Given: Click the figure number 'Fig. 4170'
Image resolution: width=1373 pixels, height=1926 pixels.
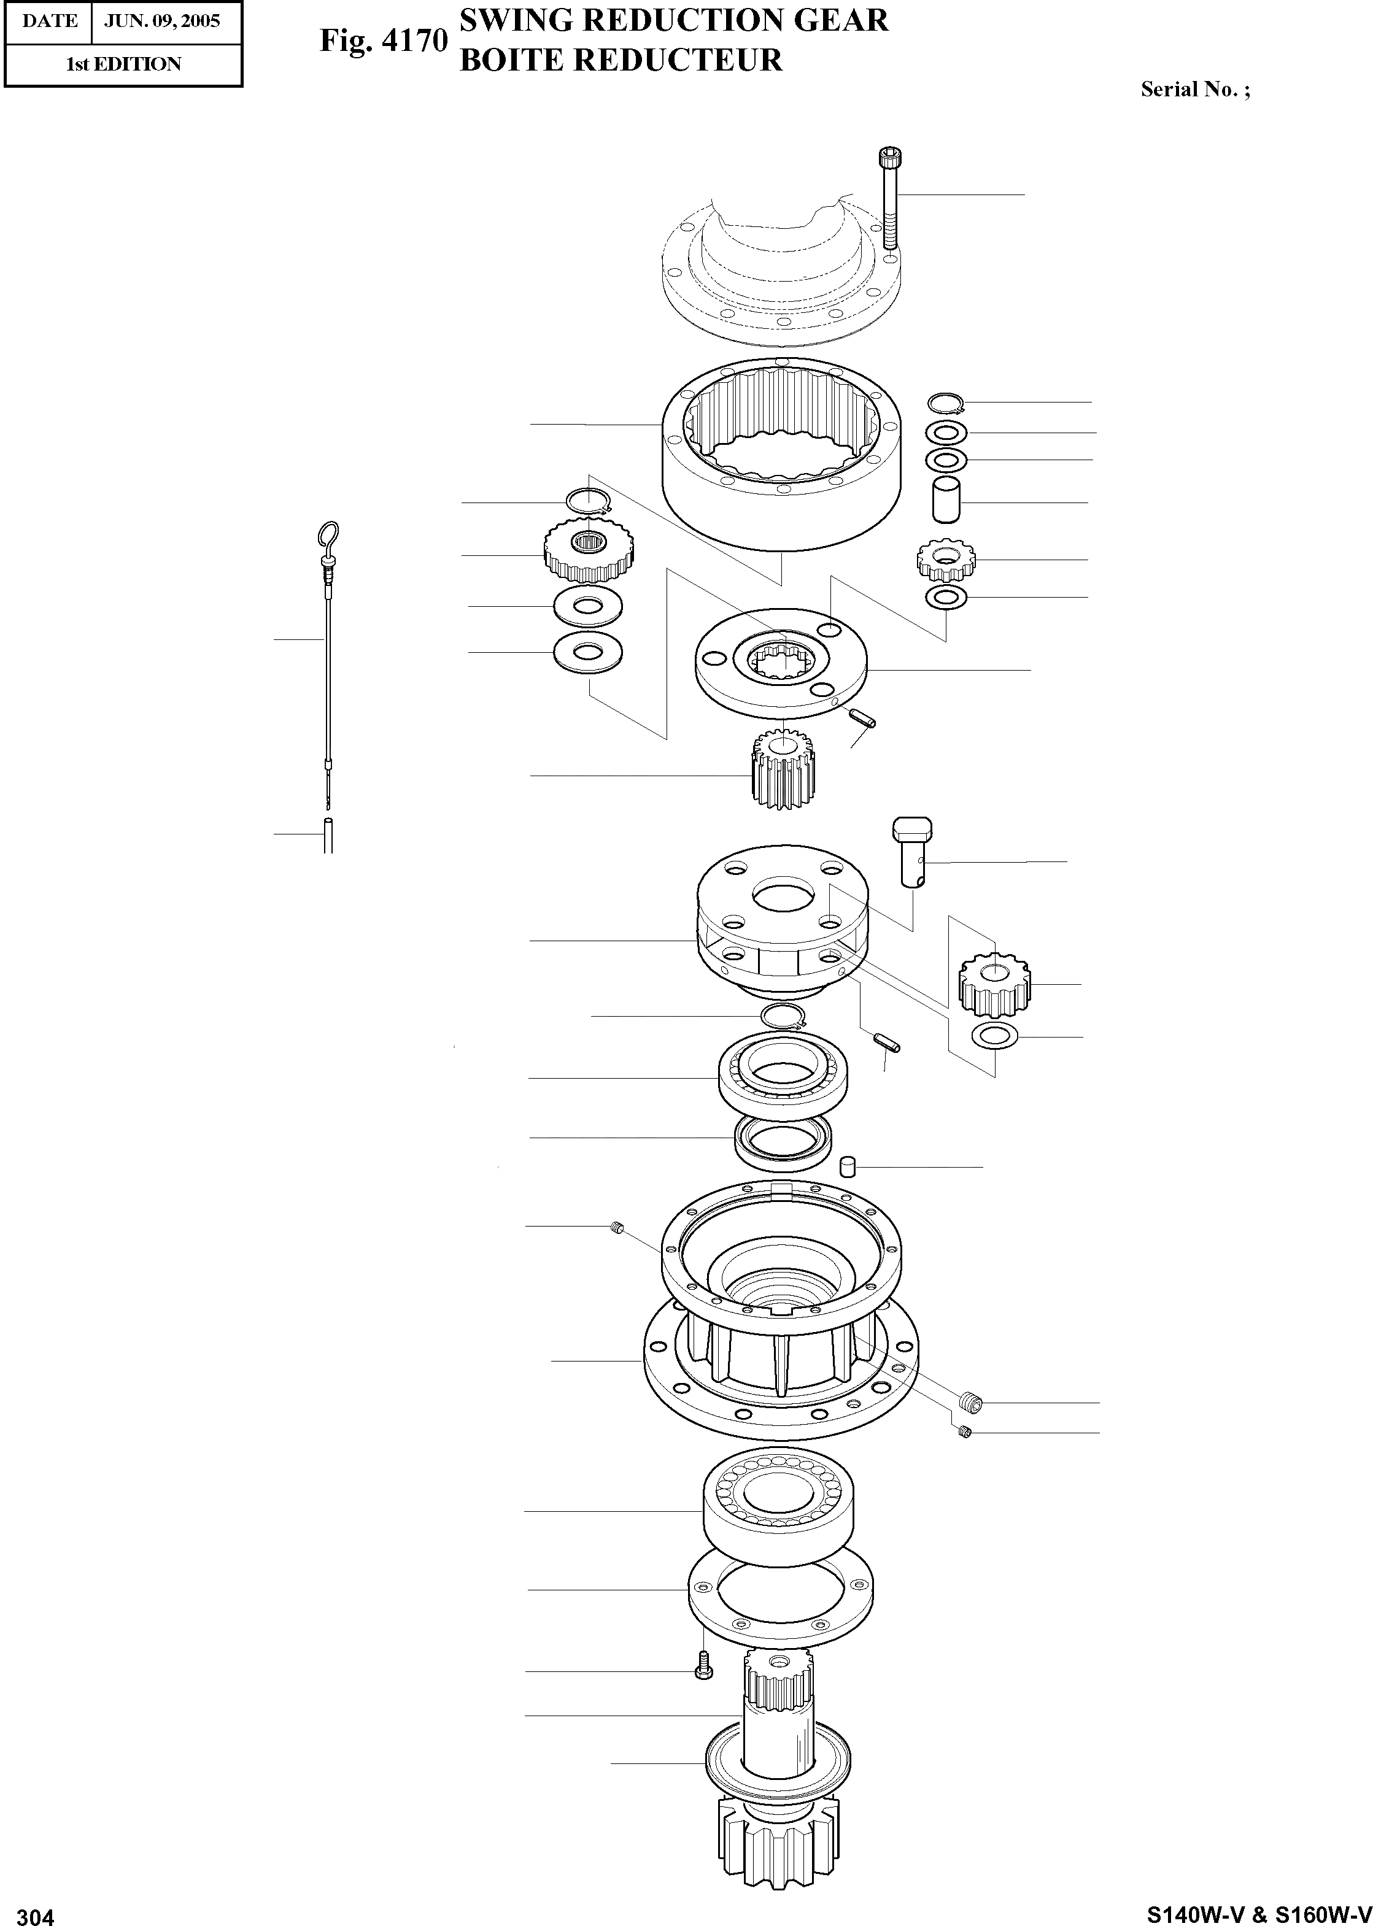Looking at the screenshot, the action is [x=383, y=40].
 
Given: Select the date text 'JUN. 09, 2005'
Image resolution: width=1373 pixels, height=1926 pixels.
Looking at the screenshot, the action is [x=161, y=21].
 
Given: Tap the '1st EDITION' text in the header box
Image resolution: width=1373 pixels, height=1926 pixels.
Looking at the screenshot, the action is [x=123, y=64].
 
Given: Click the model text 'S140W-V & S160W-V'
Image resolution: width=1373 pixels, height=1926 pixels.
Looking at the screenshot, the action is [x=1258, y=1913].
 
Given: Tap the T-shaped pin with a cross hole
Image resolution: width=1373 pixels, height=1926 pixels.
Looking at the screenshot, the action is [x=911, y=849].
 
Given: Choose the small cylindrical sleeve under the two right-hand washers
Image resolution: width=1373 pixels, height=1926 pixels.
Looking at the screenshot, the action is [x=946, y=500].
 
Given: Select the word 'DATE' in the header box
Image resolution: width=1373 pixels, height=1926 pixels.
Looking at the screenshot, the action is [x=50, y=21].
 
